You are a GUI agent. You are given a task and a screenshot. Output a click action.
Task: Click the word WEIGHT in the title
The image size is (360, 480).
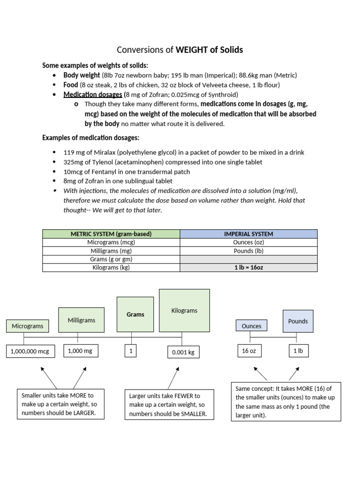(x=192, y=50)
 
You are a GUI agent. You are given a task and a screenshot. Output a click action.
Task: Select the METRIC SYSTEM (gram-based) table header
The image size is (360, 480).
(x=111, y=234)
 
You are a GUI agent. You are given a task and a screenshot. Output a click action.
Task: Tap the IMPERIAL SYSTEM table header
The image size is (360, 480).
(x=248, y=234)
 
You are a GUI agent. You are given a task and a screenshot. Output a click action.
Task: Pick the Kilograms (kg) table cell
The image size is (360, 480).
(x=111, y=268)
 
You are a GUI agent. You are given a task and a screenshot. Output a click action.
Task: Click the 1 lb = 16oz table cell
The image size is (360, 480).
(x=248, y=268)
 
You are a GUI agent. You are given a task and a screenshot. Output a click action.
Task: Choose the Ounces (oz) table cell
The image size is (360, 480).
(x=248, y=242)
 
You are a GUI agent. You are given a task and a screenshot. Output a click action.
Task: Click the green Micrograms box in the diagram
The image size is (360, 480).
(x=28, y=326)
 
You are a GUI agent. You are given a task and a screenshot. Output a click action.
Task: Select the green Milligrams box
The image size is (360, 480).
(x=82, y=320)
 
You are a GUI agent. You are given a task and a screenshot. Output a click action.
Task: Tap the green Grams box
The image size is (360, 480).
(x=135, y=315)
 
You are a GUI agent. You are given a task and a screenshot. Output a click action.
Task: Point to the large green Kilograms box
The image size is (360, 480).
(x=184, y=310)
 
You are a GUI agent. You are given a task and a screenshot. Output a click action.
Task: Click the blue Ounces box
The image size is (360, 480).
(x=251, y=325)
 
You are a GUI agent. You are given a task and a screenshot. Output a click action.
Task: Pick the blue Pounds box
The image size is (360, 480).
(x=298, y=321)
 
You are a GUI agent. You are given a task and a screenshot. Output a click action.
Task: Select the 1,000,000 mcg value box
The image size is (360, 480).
(x=30, y=351)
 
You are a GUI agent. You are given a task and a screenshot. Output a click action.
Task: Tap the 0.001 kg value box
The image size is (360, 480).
(x=183, y=352)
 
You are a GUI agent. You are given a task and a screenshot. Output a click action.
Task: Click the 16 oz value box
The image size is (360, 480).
(x=249, y=351)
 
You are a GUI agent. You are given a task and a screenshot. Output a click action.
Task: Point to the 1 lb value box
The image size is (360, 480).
(x=299, y=351)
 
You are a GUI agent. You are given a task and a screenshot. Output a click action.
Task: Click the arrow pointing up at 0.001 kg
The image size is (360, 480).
(x=173, y=378)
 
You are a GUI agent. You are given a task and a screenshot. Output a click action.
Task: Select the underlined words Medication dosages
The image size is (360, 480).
(x=93, y=95)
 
